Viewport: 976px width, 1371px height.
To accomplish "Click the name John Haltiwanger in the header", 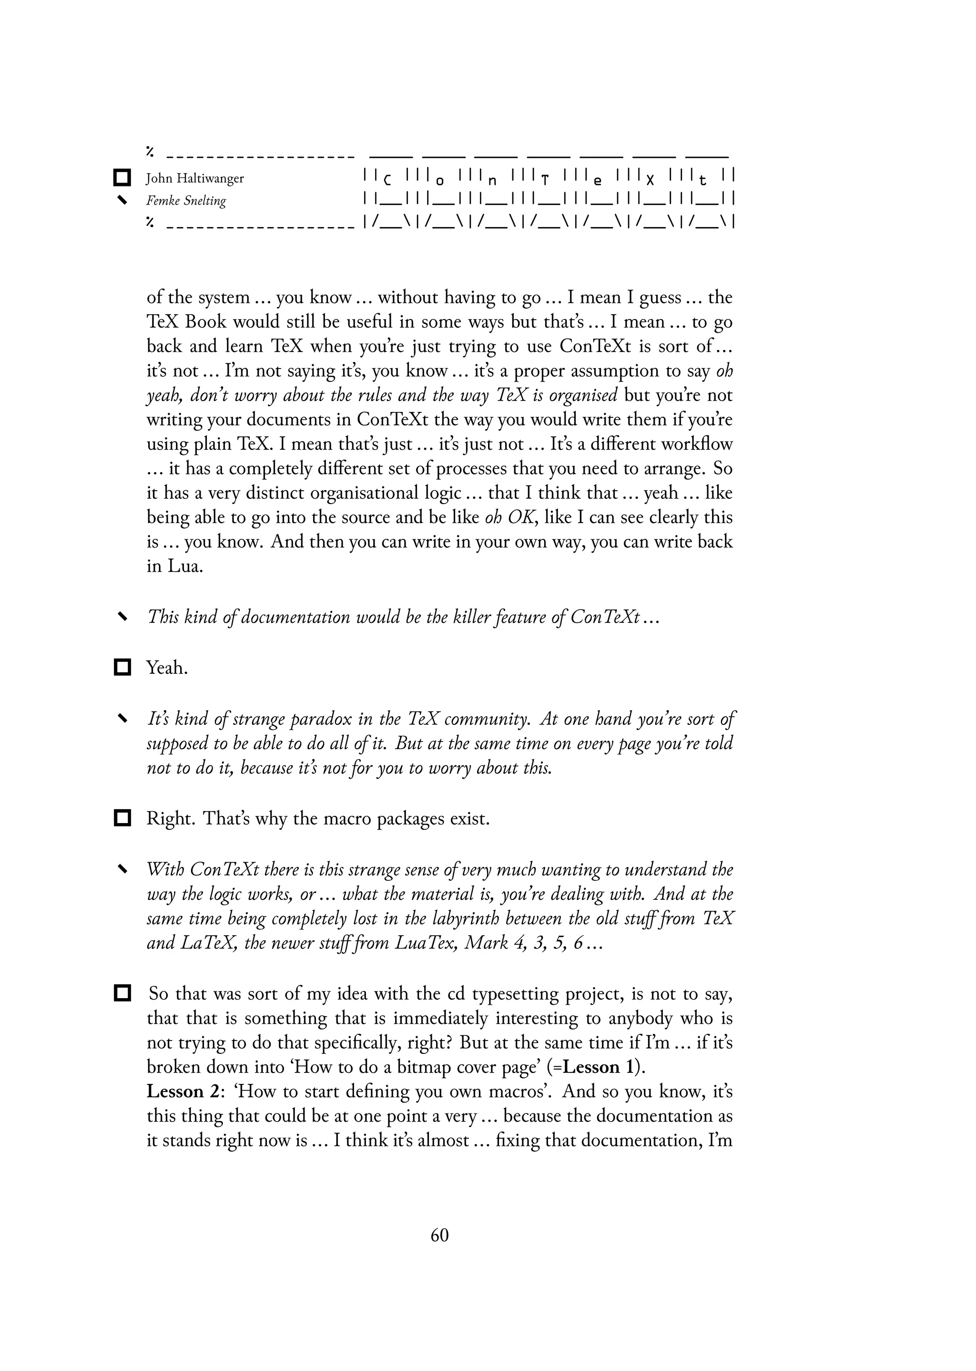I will pos(195,179).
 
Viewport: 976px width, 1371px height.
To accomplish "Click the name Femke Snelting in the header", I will pos(186,201).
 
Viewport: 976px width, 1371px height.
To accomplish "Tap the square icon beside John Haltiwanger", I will pos(122,178).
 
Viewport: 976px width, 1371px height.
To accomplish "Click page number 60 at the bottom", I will pos(439,1235).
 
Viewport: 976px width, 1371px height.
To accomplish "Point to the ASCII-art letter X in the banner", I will pos(650,180).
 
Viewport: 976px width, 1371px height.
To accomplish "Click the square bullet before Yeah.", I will pos(122,668).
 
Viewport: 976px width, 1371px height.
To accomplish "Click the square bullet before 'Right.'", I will pos(122,818).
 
